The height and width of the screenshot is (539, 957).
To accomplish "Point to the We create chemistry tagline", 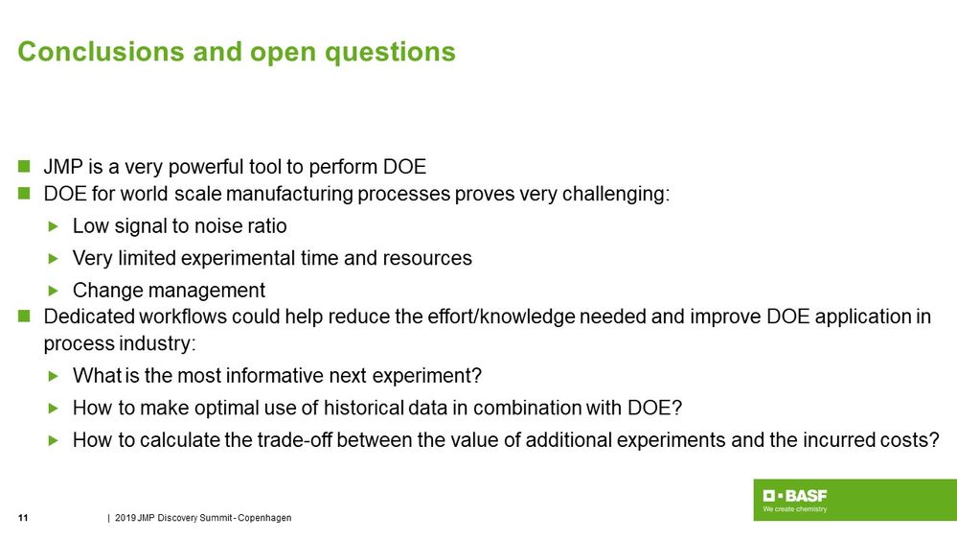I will click(794, 509).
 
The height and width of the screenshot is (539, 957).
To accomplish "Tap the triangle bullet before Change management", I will click(54, 290).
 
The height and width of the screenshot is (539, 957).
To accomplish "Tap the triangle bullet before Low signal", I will click(54, 226).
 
